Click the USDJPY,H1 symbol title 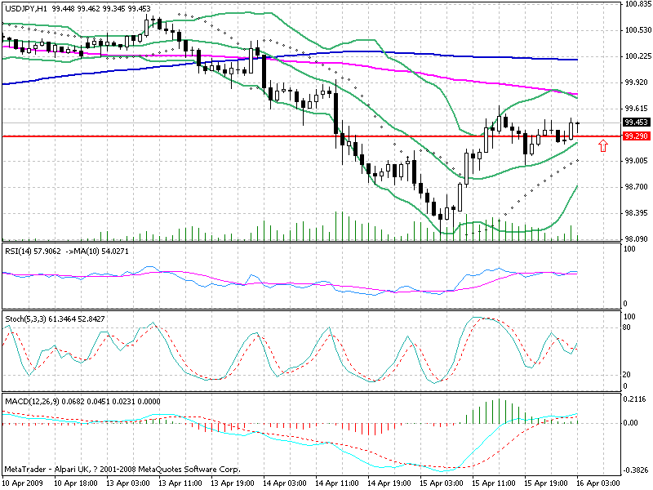[x=25, y=7]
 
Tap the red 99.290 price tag [x=635, y=136]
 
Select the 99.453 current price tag [x=635, y=122]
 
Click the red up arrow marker [x=603, y=145]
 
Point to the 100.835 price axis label [x=635, y=5]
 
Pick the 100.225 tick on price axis [x=635, y=56]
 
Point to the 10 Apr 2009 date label [x=22, y=483]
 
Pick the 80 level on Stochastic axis [x=627, y=327]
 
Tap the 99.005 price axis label [x=635, y=161]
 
